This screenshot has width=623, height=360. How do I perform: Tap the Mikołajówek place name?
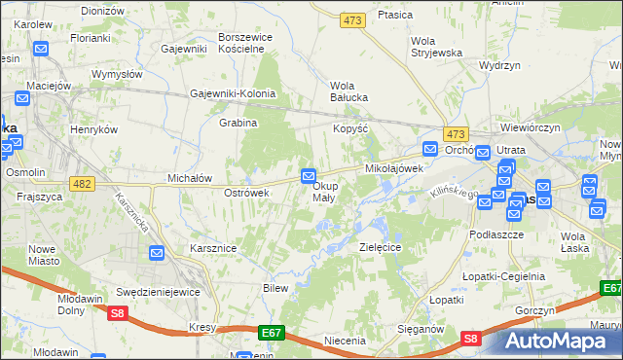point(394,168)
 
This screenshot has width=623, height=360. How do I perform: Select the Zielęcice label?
point(382,248)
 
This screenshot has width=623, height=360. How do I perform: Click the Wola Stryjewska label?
point(435,47)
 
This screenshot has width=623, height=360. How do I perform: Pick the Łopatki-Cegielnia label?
point(504,276)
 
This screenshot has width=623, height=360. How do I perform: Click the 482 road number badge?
point(83,182)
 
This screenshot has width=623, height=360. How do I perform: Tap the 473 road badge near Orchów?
point(455,133)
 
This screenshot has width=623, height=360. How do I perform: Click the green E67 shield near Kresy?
point(272,333)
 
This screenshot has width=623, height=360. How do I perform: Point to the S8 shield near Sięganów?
point(470,339)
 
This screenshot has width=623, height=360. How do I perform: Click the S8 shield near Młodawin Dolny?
point(118,312)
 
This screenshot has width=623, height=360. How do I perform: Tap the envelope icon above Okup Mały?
point(309,176)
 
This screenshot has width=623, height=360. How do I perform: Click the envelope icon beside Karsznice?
point(158,253)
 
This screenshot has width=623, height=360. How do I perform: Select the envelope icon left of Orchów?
point(430,148)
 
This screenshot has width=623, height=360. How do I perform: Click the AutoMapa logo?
point(558,342)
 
